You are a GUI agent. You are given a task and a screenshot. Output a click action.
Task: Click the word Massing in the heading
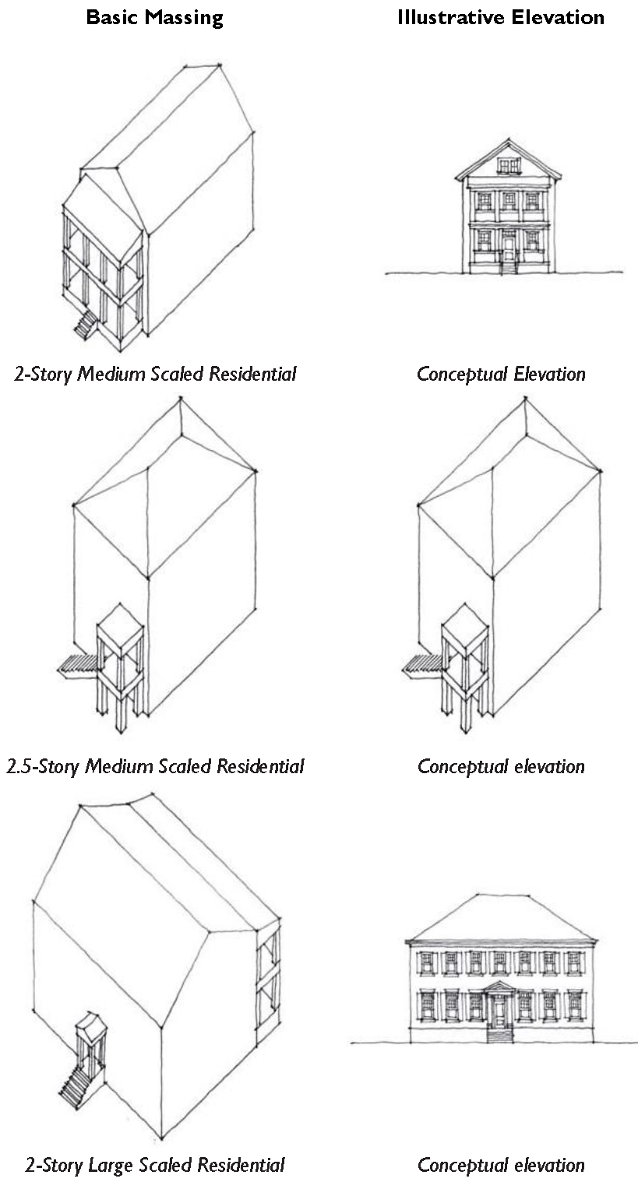[184, 18]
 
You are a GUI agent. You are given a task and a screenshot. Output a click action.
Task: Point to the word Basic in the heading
[113, 17]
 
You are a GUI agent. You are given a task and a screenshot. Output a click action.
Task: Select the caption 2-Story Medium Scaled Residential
[155, 374]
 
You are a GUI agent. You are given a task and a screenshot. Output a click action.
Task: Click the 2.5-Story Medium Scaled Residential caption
[155, 766]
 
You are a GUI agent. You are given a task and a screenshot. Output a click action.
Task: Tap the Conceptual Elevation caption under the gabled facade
[501, 374]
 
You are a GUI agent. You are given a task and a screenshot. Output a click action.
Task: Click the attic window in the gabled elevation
[509, 166]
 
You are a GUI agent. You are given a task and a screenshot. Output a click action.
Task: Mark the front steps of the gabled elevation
[508, 266]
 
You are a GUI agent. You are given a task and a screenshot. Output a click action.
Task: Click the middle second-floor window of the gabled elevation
[509, 201]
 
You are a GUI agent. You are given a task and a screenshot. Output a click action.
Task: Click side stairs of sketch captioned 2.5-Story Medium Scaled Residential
[77, 665]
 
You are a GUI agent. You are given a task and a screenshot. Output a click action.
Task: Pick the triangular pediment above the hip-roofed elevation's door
[499, 987]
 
